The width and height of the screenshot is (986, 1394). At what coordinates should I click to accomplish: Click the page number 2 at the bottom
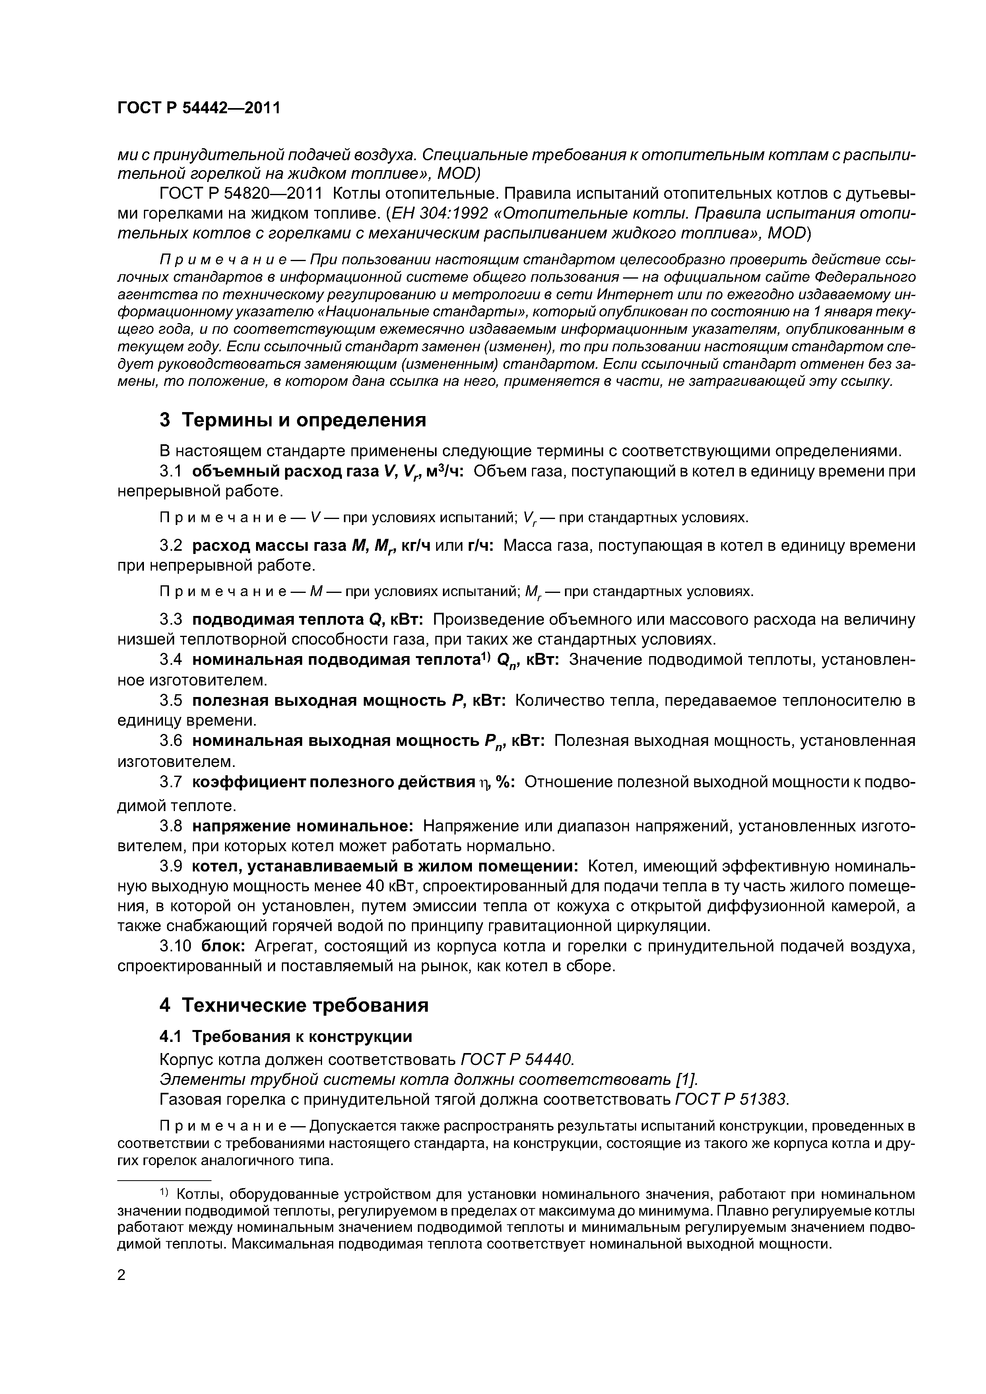pyautogui.click(x=122, y=1275)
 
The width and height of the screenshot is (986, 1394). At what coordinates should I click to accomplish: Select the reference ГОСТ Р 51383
pyautogui.click(x=732, y=1100)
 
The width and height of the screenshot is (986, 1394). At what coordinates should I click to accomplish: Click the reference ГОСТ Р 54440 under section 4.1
pyautogui.click(x=517, y=1059)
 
